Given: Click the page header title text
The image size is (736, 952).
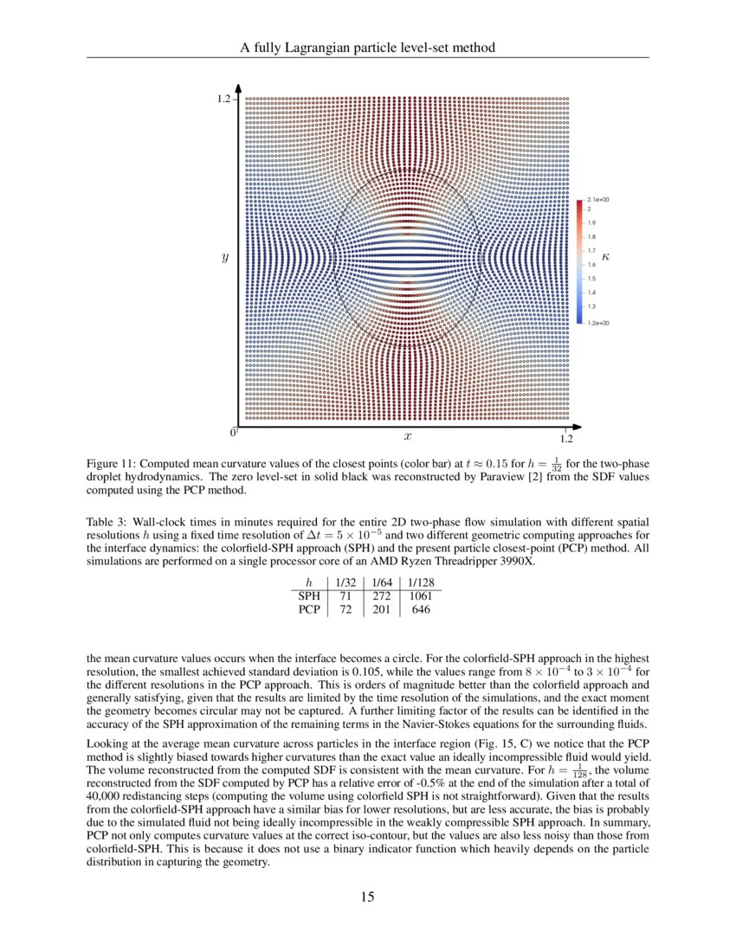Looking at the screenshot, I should coord(367,48).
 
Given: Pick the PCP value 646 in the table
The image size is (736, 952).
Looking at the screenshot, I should coord(421,609).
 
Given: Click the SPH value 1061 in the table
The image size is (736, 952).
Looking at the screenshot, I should coord(421,595).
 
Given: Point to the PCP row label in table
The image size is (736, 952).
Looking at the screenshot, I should coord(309,609).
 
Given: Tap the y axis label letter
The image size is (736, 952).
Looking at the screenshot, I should coord(225,257).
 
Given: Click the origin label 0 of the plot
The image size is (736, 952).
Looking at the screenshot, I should coord(233,432).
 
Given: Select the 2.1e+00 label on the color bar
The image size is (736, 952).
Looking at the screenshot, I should coord(597,200).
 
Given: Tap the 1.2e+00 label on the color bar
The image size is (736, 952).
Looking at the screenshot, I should coord(597,323).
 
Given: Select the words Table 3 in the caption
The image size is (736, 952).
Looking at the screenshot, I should coord(107,523).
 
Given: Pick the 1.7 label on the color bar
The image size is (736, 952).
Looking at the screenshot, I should coord(591,251).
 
